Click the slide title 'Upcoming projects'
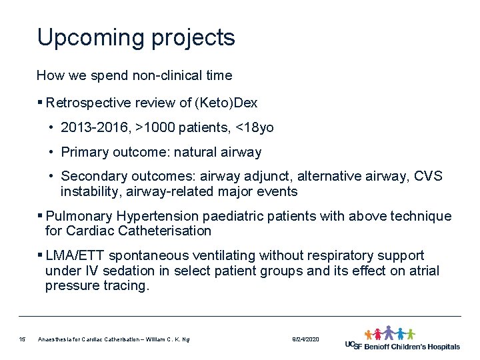136,38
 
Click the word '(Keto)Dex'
227,103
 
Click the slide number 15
22,340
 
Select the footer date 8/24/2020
305,340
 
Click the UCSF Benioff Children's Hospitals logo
402,339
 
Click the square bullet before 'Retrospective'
41,103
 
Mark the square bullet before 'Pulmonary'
41,217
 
